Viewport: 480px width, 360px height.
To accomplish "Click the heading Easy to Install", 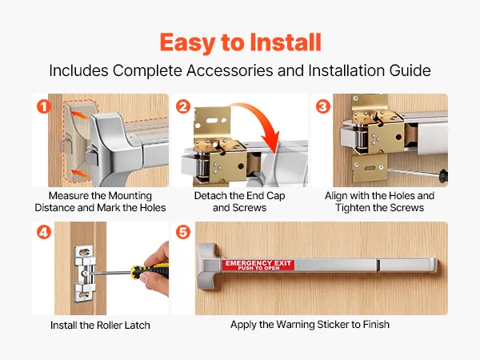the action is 240,42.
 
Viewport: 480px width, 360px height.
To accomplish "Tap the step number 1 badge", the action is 44,107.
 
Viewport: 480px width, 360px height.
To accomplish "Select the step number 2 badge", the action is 183,107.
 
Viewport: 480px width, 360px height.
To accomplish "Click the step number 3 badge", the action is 323,107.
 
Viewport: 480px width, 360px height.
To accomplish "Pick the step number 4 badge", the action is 44,232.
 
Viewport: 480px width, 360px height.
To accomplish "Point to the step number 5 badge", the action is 183,232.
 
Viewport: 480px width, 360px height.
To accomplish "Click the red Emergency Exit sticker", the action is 258,265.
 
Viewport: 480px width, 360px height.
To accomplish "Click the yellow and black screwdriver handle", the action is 150,270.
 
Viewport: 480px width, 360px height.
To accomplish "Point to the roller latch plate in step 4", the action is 83,273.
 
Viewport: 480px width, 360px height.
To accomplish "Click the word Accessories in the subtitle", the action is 230,70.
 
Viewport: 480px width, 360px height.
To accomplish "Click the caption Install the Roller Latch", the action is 100,325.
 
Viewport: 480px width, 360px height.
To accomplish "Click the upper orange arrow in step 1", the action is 79,115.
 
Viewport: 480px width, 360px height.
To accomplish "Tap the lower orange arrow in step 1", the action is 79,174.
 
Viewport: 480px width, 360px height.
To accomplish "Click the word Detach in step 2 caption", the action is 210,196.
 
